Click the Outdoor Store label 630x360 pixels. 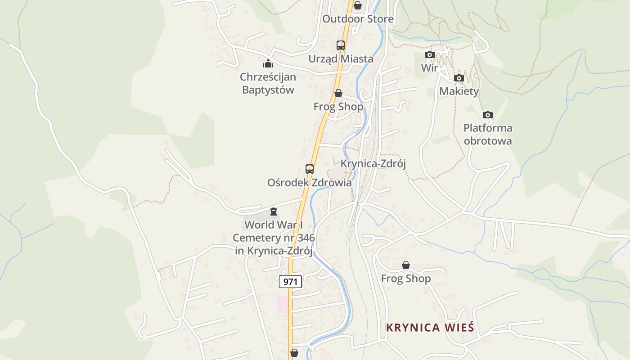pyautogui.click(x=358, y=19)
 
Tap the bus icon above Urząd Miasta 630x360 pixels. pyautogui.click(x=341, y=45)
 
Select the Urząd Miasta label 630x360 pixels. pyautogui.click(x=341, y=59)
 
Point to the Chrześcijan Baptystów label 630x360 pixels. pyautogui.click(x=268, y=83)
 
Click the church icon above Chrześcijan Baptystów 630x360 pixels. pyautogui.click(x=268, y=63)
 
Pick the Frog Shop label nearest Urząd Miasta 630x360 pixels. pyautogui.click(x=338, y=107)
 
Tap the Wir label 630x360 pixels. pyautogui.click(x=430, y=68)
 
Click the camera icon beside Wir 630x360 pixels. pyautogui.click(x=430, y=55)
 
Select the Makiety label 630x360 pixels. pyautogui.click(x=459, y=91)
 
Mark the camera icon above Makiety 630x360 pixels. pyautogui.click(x=459, y=78)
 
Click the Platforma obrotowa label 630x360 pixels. pyautogui.click(x=488, y=135)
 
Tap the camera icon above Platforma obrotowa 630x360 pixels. pyautogui.click(x=488, y=115)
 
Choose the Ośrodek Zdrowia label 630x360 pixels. pyautogui.click(x=310, y=183)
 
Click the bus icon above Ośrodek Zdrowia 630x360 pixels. pyautogui.click(x=310, y=169)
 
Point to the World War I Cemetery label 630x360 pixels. pyautogui.click(x=274, y=238)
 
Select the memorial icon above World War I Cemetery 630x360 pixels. pyautogui.click(x=273, y=211)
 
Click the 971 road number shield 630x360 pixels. pyautogui.click(x=290, y=282)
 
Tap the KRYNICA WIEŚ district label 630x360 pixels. pyautogui.click(x=430, y=328)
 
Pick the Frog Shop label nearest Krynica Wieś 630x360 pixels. pyautogui.click(x=406, y=279)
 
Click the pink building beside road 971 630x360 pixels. pyautogui.click(x=282, y=304)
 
